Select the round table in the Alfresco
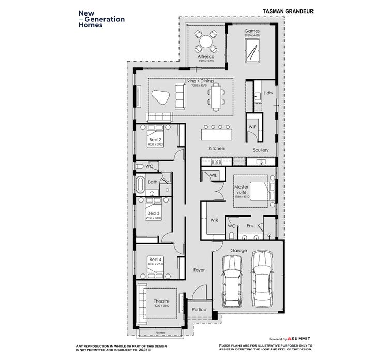click(205, 41)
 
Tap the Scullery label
click(261, 150)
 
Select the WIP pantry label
click(252, 126)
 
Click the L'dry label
click(267, 93)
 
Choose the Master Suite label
click(242, 189)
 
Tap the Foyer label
click(199, 270)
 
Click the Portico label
click(199, 309)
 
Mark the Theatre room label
click(161, 301)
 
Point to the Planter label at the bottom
click(161, 333)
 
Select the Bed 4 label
click(155, 259)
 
